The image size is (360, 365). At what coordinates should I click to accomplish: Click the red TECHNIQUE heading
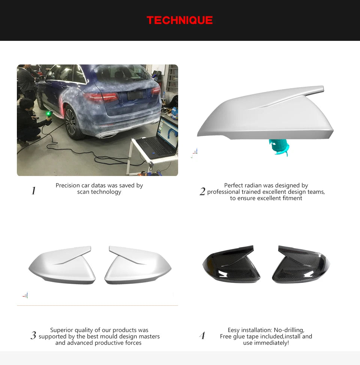pyautogui.click(x=180, y=20)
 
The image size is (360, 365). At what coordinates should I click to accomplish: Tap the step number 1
pyautogui.click(x=33, y=191)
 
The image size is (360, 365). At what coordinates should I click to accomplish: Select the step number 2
pyautogui.click(x=202, y=191)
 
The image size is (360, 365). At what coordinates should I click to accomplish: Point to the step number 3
pyautogui.click(x=33, y=335)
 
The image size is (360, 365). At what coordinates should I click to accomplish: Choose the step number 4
pyautogui.click(x=202, y=335)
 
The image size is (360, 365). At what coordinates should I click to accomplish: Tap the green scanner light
pyautogui.click(x=48, y=114)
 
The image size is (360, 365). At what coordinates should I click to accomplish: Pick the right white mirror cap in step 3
pyautogui.click(x=138, y=265)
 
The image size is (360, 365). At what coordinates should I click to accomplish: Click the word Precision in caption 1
pyautogui.click(x=68, y=185)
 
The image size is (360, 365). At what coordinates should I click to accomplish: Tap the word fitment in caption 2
pyautogui.click(x=292, y=198)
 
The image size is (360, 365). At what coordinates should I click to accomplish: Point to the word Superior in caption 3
pyautogui.click(x=61, y=330)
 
